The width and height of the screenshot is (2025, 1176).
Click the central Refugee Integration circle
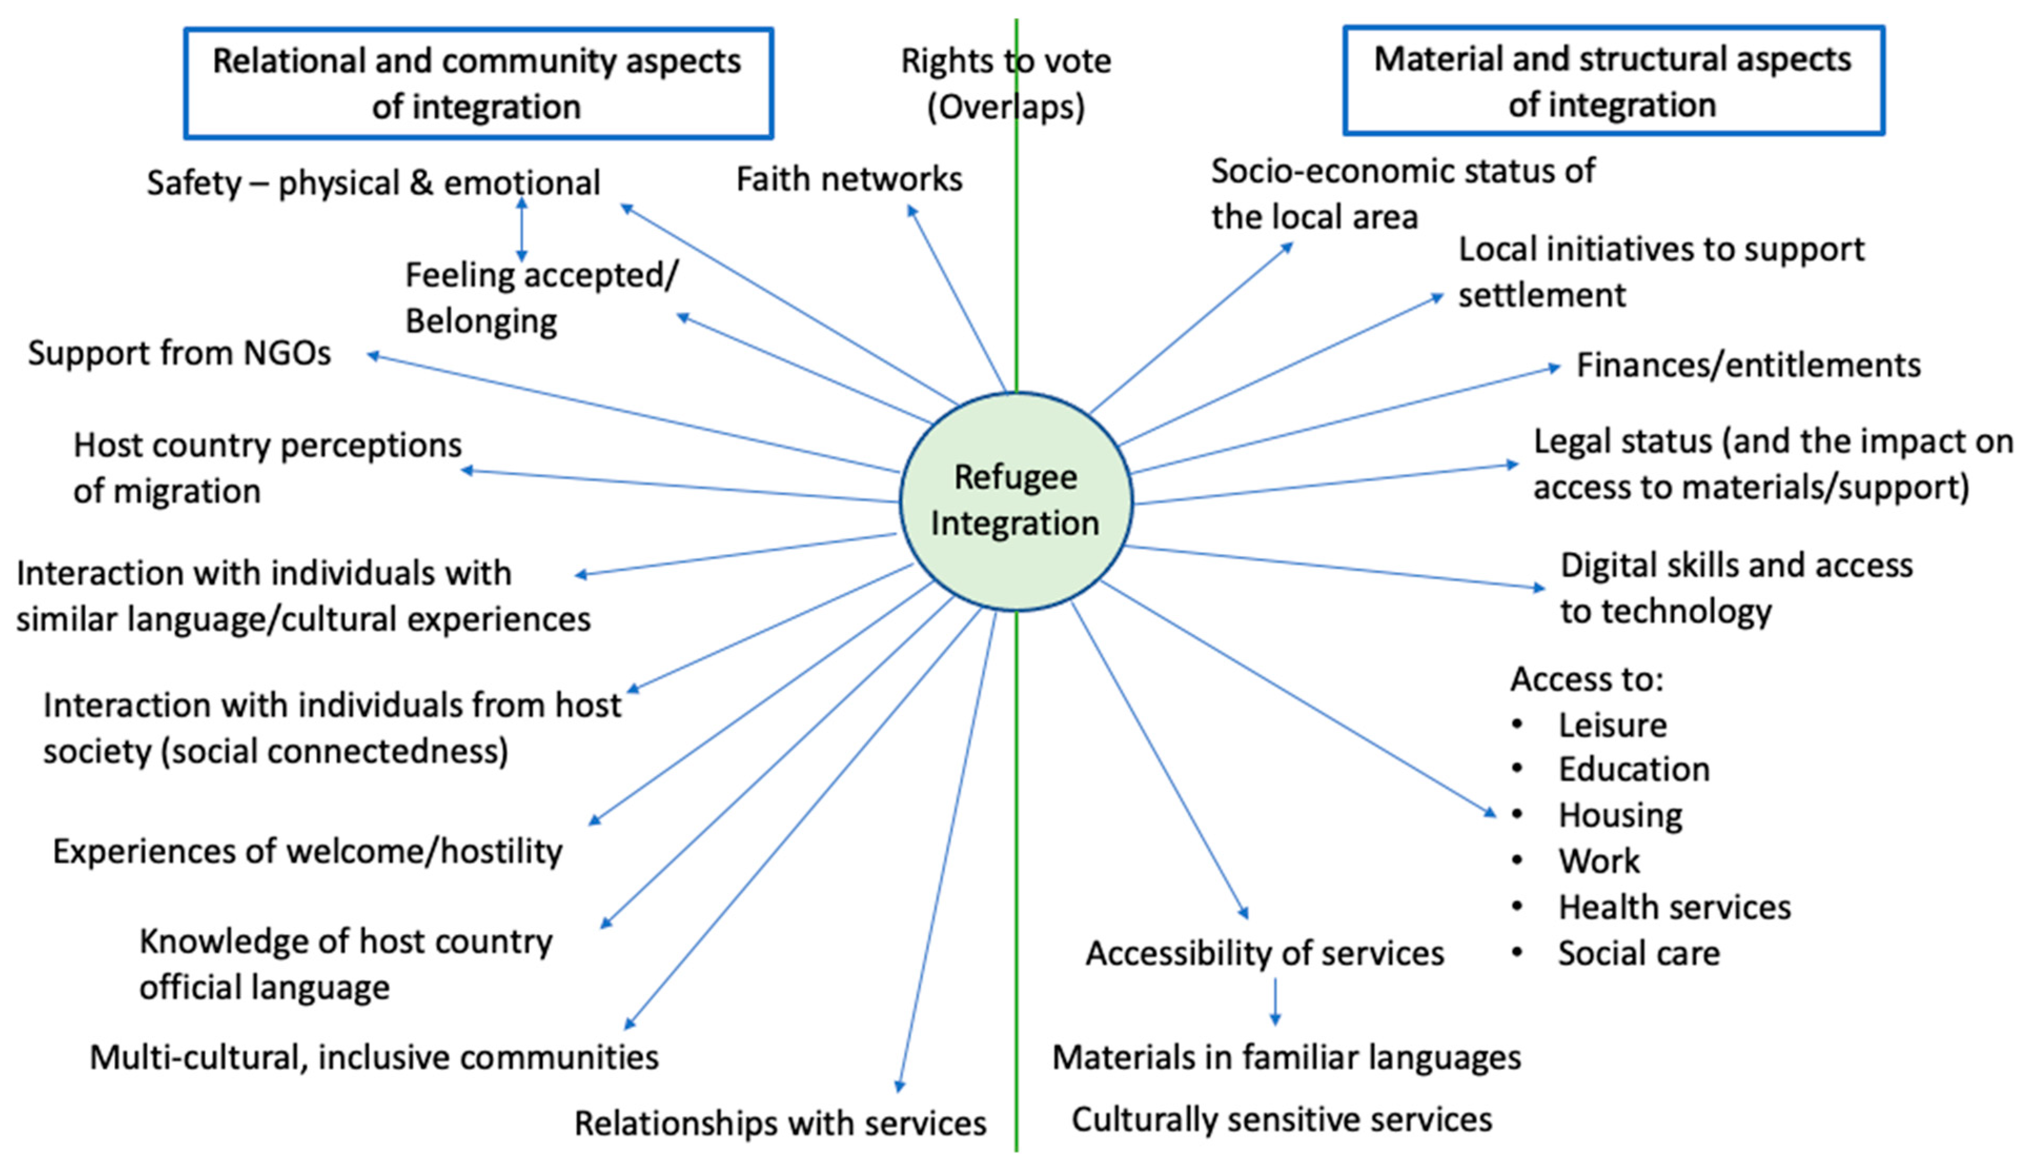click(1016, 501)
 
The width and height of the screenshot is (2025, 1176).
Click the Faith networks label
click(849, 179)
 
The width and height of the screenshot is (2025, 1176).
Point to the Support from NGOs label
click(179, 353)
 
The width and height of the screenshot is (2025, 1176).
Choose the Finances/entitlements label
click(1748, 365)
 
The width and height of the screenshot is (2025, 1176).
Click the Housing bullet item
click(1620, 815)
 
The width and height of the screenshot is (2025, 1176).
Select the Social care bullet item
click(1639, 954)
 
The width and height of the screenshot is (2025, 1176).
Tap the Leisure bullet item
click(1612, 725)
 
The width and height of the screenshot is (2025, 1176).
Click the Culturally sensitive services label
click(1281, 1120)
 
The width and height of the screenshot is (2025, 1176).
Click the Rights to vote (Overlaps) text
click(1005, 84)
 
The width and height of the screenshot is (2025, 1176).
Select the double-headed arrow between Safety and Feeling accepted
click(522, 230)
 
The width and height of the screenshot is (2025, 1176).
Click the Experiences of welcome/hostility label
click(307, 852)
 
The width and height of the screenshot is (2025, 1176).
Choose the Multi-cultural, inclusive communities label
click(374, 1058)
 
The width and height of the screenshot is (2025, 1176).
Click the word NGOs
click(287, 353)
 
